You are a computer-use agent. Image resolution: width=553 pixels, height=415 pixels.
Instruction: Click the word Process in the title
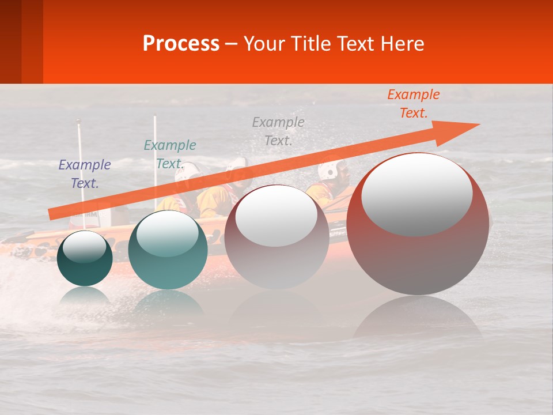[181, 44]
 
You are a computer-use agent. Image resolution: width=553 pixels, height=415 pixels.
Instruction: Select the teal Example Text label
[170, 154]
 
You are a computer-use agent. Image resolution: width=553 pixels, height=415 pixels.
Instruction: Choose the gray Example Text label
[278, 131]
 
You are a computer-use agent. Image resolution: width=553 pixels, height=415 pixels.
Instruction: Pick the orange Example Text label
[414, 104]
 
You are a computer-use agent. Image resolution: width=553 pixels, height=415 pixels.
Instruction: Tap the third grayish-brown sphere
[276, 254]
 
